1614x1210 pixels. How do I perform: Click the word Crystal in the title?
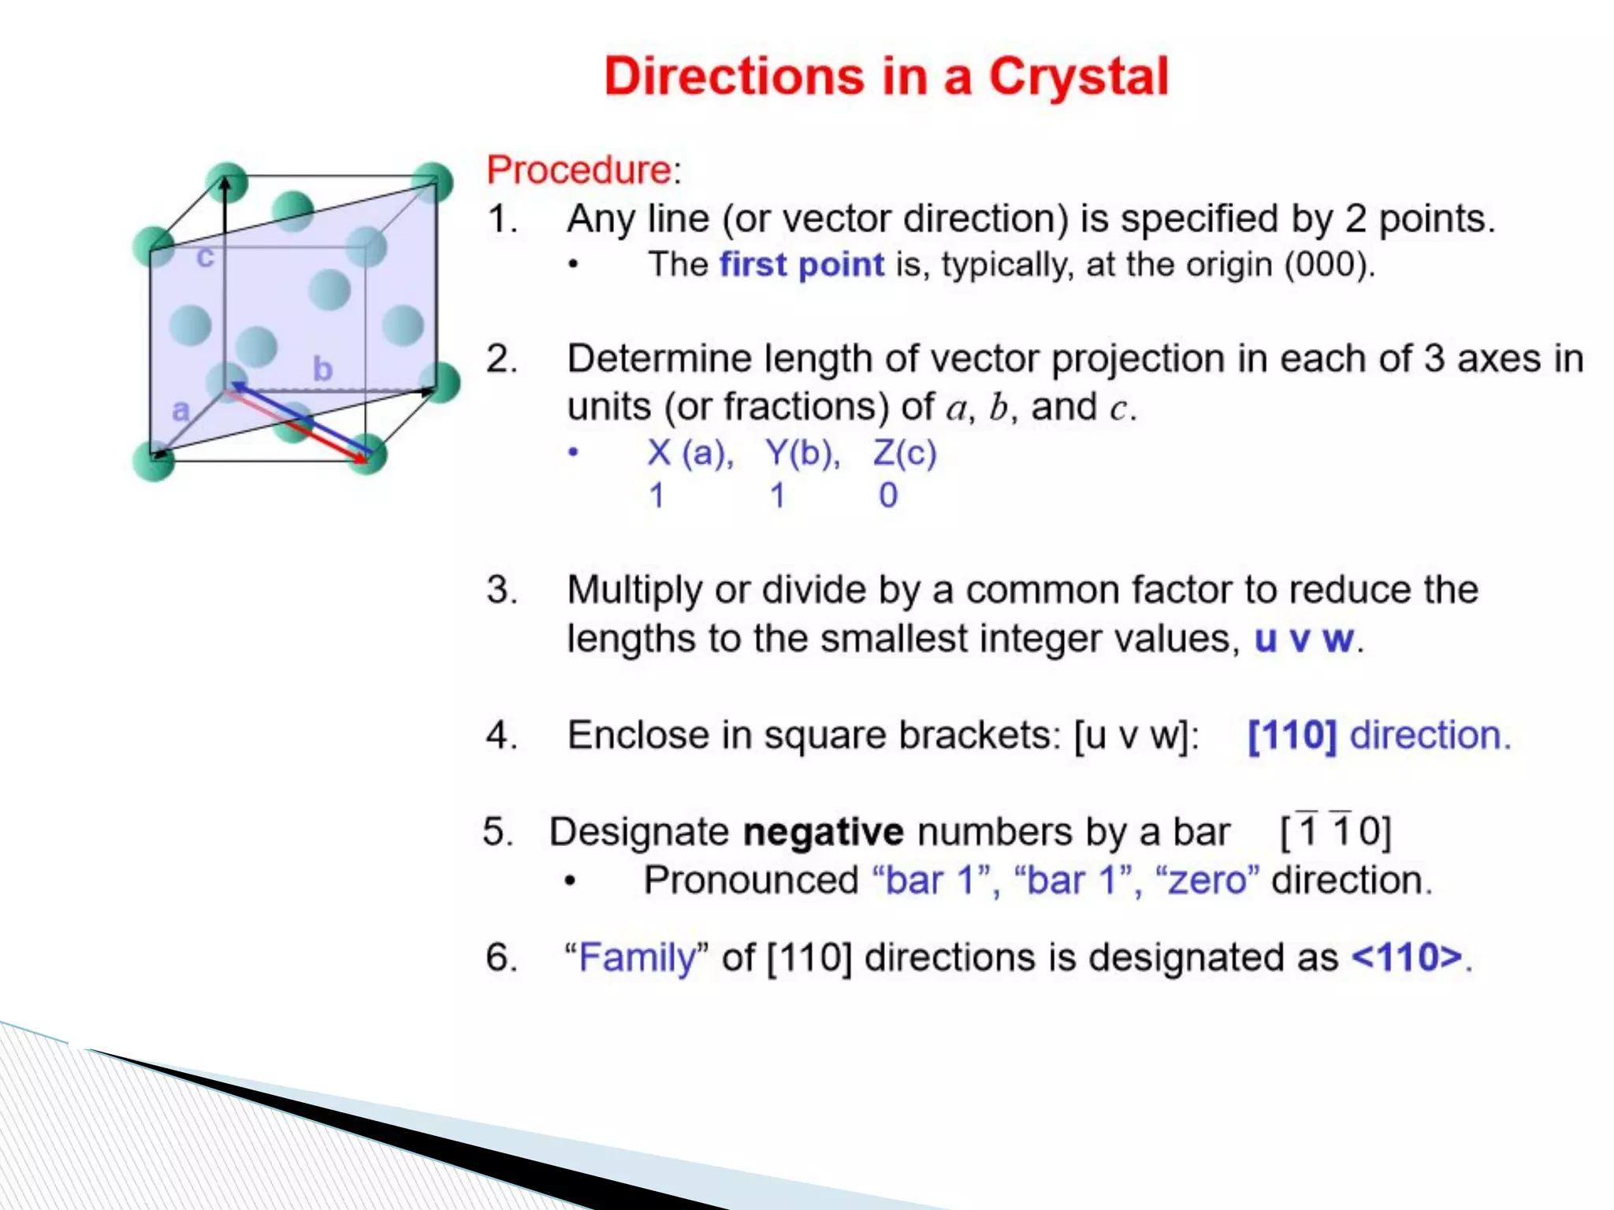click(x=1078, y=77)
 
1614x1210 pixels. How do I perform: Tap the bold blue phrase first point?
click(x=801, y=265)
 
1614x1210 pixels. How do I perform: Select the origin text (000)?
click(x=1329, y=265)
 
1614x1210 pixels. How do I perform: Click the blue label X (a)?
click(x=690, y=453)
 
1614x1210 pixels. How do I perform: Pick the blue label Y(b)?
click(x=802, y=453)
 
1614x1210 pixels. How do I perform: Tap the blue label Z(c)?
click(x=905, y=453)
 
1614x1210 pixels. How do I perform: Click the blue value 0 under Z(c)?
click(x=888, y=496)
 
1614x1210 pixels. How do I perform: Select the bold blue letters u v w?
click(x=1304, y=638)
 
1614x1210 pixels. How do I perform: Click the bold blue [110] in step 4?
click(x=1292, y=735)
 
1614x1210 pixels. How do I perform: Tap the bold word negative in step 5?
click(x=823, y=832)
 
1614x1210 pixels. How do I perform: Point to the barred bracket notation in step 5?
click(x=1336, y=830)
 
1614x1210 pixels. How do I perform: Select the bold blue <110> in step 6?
click(x=1408, y=958)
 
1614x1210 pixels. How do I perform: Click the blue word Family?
click(x=638, y=958)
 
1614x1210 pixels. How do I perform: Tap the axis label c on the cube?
click(x=205, y=257)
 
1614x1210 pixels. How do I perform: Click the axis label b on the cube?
click(x=322, y=369)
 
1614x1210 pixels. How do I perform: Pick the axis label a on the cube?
click(x=180, y=410)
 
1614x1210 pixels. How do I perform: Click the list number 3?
click(x=501, y=590)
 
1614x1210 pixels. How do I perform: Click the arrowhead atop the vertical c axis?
click(x=225, y=185)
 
